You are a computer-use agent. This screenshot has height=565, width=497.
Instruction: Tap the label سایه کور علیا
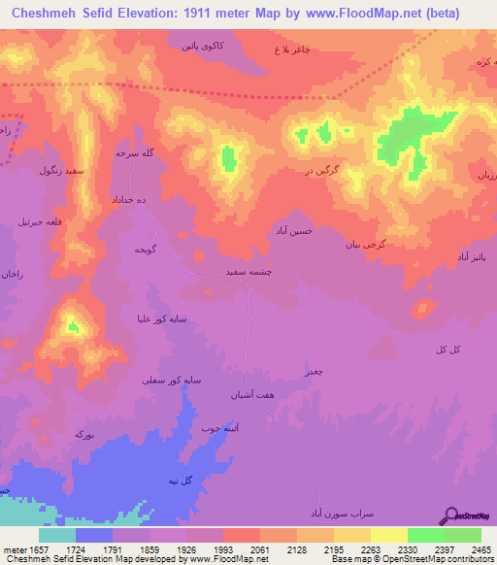pos(162,318)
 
